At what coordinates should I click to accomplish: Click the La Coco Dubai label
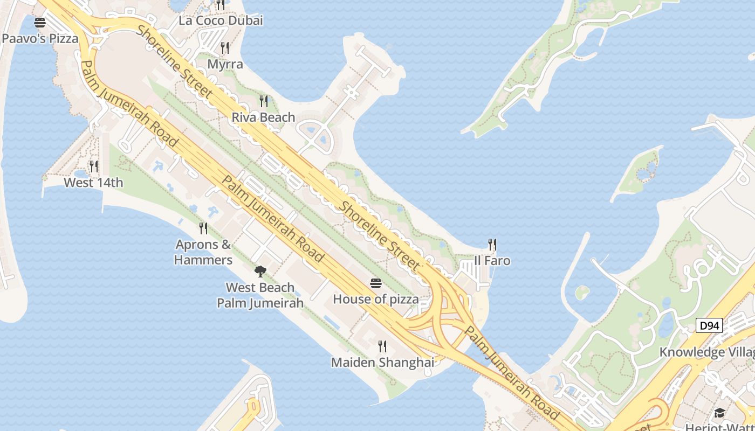pyautogui.click(x=221, y=21)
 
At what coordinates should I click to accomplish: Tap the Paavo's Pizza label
pyautogui.click(x=40, y=39)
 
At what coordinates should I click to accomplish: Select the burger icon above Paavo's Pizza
pyautogui.click(x=40, y=23)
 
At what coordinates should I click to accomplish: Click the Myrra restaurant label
pyautogui.click(x=225, y=64)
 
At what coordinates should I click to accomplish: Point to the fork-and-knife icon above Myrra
pyautogui.click(x=225, y=48)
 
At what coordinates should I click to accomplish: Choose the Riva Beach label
pyautogui.click(x=263, y=117)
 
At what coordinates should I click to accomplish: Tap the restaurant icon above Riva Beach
pyautogui.click(x=264, y=101)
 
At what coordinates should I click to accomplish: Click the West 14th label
pyautogui.click(x=93, y=183)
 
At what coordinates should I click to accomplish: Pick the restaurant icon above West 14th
pyautogui.click(x=94, y=166)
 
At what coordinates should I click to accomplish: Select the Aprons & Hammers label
pyautogui.click(x=203, y=252)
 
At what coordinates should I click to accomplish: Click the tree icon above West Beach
pyautogui.click(x=260, y=270)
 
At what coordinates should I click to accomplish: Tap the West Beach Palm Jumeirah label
pyautogui.click(x=260, y=295)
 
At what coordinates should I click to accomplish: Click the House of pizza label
pyautogui.click(x=376, y=299)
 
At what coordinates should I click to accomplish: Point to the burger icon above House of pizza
pyautogui.click(x=376, y=283)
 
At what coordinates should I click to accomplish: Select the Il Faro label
pyautogui.click(x=492, y=261)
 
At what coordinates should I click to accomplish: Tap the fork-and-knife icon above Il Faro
pyautogui.click(x=492, y=245)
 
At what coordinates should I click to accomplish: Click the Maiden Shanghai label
pyautogui.click(x=382, y=363)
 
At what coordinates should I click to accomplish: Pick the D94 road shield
pyautogui.click(x=709, y=325)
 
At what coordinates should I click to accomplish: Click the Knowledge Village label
pyautogui.click(x=707, y=352)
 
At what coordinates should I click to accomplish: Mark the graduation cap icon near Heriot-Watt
pyautogui.click(x=719, y=413)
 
